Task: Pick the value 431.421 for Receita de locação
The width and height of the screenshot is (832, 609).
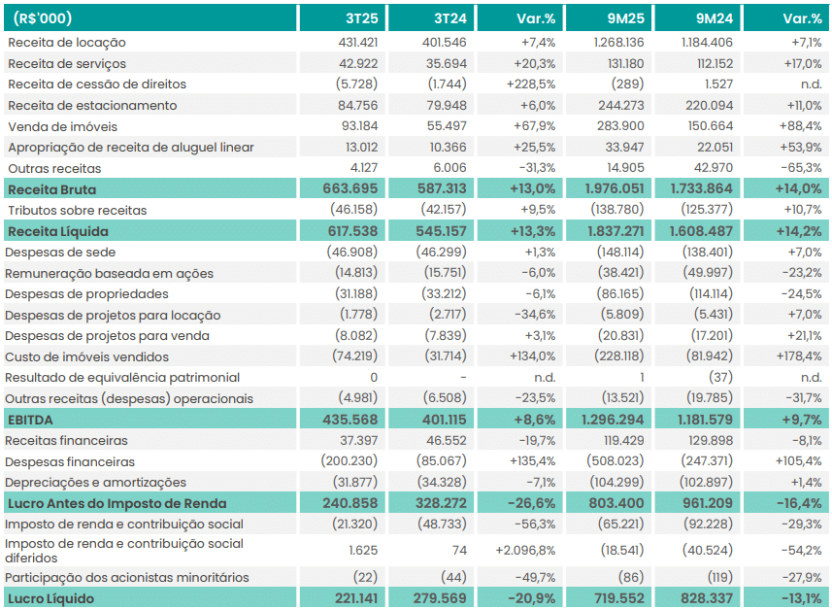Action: click(355, 43)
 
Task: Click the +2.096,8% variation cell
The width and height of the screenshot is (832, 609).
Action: click(524, 550)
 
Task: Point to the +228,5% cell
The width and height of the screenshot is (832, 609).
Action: click(530, 85)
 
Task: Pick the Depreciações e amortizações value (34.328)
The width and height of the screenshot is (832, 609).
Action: click(439, 483)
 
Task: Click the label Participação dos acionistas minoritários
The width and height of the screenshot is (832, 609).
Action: click(127, 578)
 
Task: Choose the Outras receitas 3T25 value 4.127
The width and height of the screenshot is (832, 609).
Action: click(360, 168)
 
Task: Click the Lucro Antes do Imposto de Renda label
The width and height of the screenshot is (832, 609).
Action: click(116, 503)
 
